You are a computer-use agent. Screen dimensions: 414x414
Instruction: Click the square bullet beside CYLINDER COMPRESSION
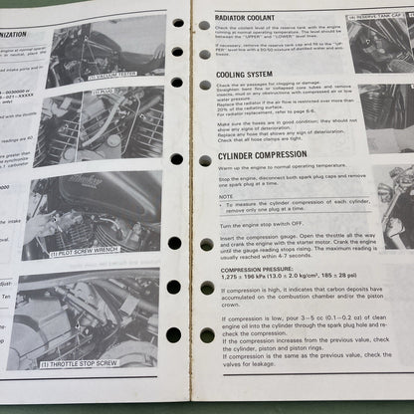[205, 158]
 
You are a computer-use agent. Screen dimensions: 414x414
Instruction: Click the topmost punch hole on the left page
[177, 22]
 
